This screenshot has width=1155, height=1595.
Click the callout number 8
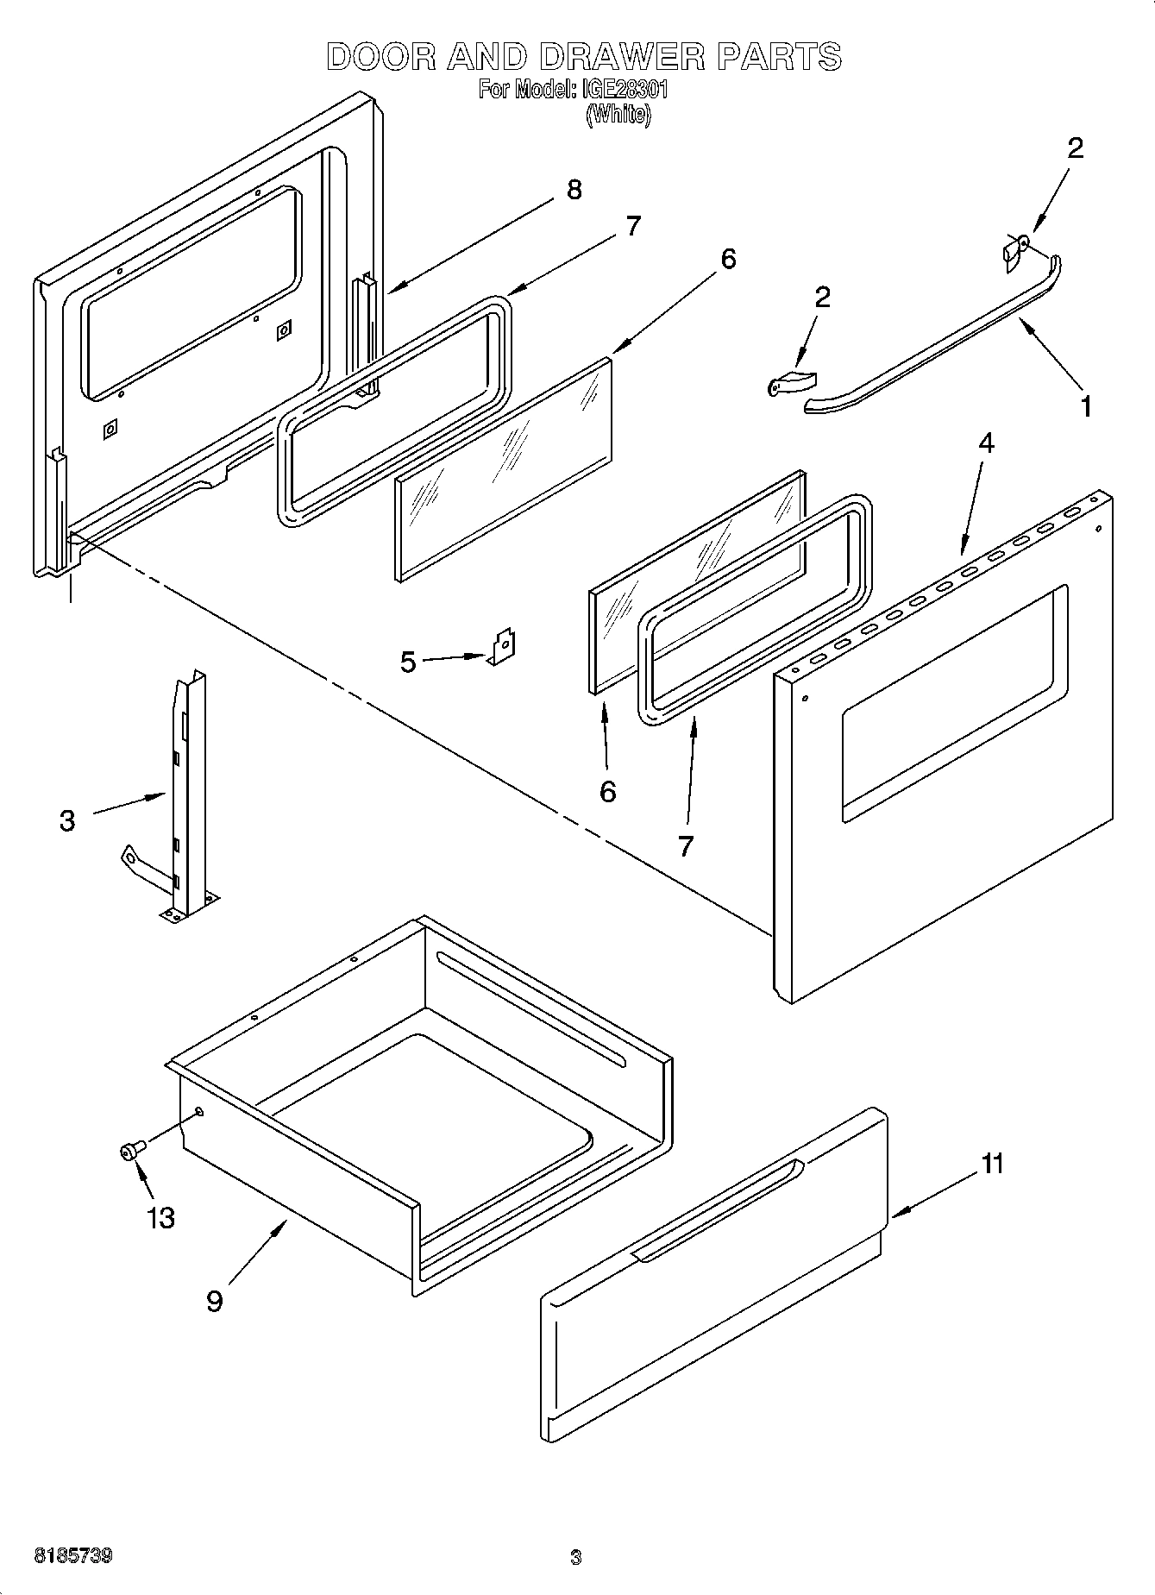pyautogui.click(x=574, y=190)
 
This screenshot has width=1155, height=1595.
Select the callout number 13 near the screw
pyautogui.click(x=161, y=1218)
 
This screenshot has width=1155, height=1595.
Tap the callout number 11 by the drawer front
pyautogui.click(x=993, y=1164)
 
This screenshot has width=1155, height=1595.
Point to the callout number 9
pyautogui.click(x=215, y=1301)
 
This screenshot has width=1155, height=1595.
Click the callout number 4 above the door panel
pyautogui.click(x=986, y=443)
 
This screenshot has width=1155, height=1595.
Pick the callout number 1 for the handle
pyautogui.click(x=1086, y=406)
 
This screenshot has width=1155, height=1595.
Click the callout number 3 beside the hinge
pyautogui.click(x=67, y=820)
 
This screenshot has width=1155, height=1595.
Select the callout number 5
pyautogui.click(x=408, y=662)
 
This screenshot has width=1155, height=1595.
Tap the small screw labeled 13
pyautogui.click(x=131, y=1151)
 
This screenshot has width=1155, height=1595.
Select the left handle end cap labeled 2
pyautogui.click(x=792, y=383)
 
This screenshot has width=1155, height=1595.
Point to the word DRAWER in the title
pyautogui.click(x=621, y=57)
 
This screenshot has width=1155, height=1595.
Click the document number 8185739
pyautogui.click(x=72, y=1556)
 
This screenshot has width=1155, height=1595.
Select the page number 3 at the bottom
pyautogui.click(x=575, y=1557)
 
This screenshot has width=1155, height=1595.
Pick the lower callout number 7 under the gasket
pyautogui.click(x=685, y=846)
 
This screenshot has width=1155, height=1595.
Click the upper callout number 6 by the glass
pyautogui.click(x=728, y=258)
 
